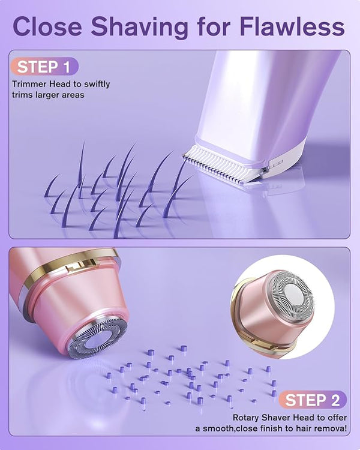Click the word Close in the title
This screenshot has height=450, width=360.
coord(47,26)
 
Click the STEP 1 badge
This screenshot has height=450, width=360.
coord(44,67)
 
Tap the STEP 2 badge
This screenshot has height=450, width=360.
coord(313,400)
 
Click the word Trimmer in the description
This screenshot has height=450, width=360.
coord(29,84)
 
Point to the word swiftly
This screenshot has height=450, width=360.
coord(97,85)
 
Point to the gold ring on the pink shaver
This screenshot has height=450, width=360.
coord(70,266)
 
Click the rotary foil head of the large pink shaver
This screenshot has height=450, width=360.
coord(98,337)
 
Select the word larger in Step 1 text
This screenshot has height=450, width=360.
coord(48,95)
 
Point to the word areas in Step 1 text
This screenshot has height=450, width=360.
coord(73,95)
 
